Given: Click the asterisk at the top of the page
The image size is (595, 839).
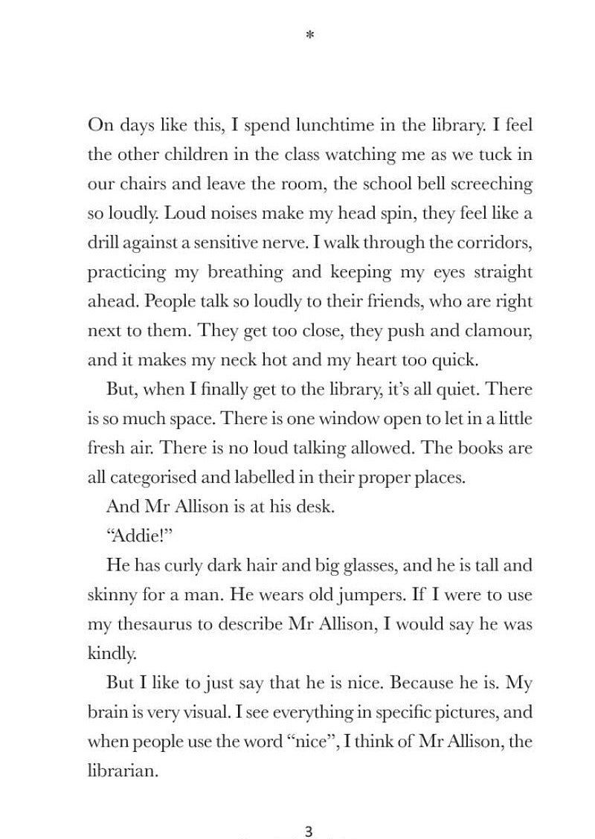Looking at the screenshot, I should coord(310,35).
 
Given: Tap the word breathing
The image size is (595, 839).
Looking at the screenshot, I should coord(245,272).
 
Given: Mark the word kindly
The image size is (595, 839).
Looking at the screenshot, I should coord(112,655).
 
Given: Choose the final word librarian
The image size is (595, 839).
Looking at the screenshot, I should coord(123,771).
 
